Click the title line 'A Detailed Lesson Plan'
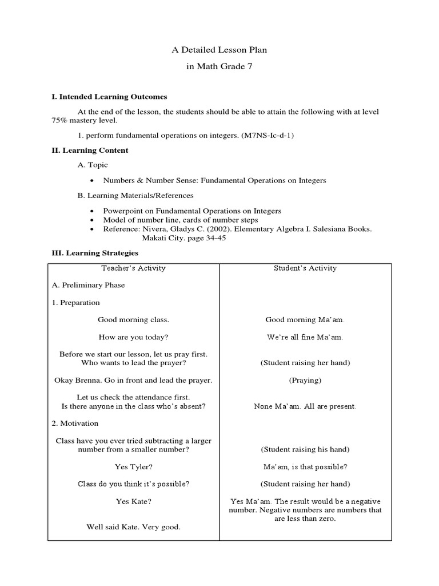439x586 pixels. (219, 50)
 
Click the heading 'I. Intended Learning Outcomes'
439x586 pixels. (109, 97)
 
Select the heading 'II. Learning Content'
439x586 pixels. (90, 151)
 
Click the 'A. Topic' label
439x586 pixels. (93, 165)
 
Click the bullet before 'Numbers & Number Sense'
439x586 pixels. (93, 181)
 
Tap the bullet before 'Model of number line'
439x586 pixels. (93, 220)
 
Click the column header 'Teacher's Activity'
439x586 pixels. (133, 268)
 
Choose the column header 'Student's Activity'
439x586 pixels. (305, 268)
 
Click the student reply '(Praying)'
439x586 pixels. (305, 380)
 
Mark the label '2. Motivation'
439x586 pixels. (74, 423)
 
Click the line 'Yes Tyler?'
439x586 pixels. (133, 467)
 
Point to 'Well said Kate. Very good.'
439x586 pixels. (133, 527)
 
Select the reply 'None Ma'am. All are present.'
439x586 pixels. (305, 406)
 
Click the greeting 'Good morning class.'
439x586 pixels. (133, 320)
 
